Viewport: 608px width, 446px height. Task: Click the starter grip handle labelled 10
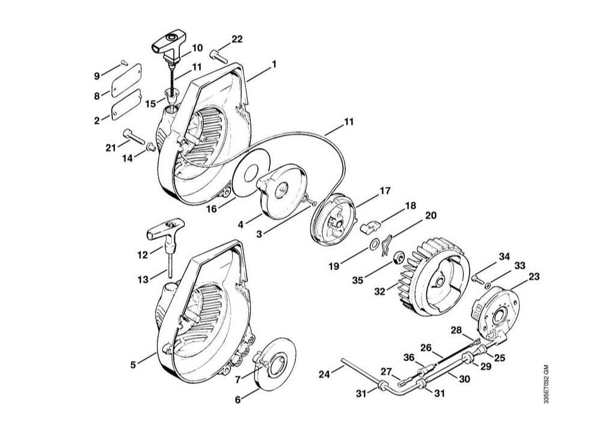[167, 43]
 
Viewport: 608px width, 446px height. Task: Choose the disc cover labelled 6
[277, 361]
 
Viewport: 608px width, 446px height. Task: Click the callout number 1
[274, 63]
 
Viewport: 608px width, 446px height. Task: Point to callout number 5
[134, 363]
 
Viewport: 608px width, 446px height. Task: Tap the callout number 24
[324, 374]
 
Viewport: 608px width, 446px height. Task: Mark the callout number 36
[409, 358]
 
